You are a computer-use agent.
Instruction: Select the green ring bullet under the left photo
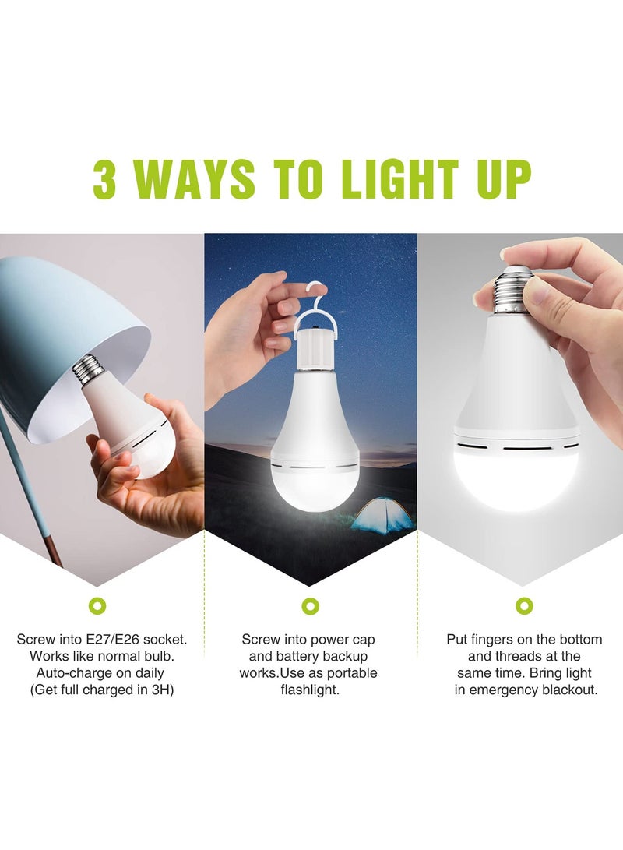pos(97,605)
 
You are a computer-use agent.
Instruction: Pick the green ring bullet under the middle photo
pos(311,605)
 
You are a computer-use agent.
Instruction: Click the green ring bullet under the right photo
pos(524,605)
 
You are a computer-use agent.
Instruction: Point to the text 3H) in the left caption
pos(160,690)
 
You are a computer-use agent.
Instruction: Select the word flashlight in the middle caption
pos(310,690)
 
